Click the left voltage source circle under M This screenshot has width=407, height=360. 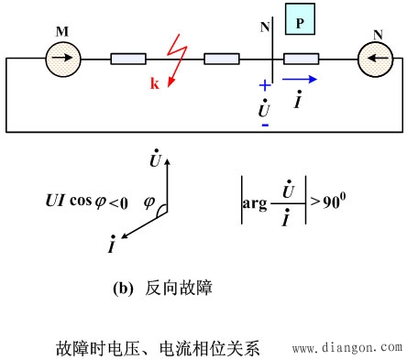pos(63,60)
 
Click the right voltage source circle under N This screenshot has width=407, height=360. pos(375,60)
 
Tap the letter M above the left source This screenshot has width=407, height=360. pos(62,32)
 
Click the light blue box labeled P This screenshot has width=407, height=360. pos(304,19)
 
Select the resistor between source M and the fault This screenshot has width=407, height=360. pos(130,60)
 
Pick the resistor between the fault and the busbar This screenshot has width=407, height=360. pos(223,60)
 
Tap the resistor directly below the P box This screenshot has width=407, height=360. pos(302,60)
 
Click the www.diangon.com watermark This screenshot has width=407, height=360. pos(346,348)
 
